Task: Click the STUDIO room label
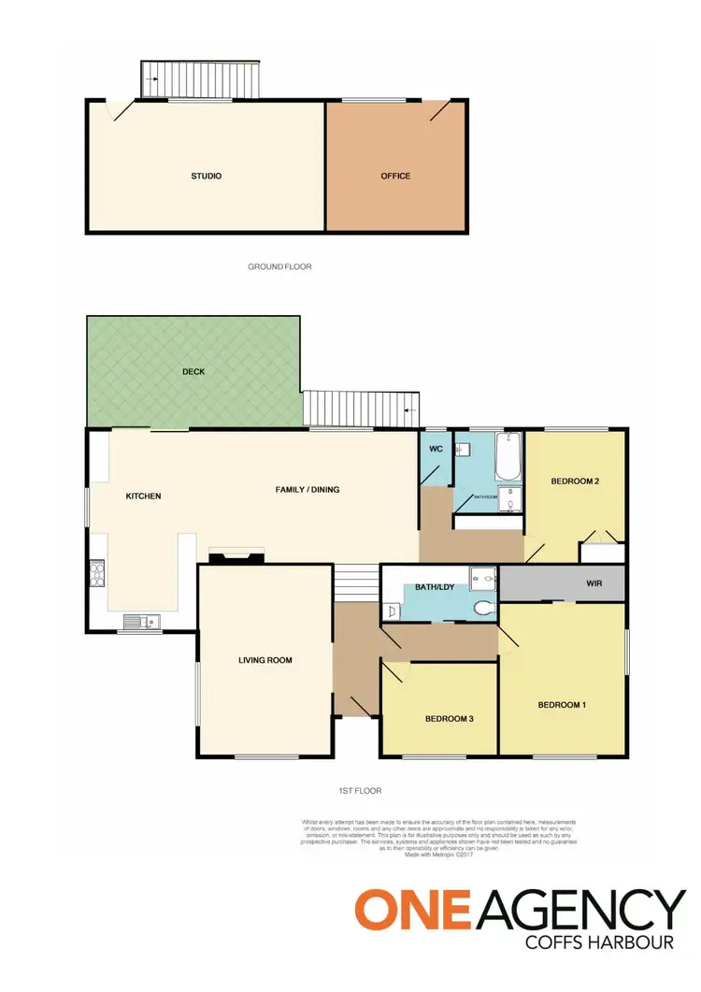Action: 206,176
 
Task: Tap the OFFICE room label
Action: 395,176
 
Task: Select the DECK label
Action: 193,371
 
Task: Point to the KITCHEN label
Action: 144,496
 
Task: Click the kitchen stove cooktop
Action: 97,572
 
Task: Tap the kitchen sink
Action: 141,619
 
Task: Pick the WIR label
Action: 594,582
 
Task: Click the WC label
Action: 435,449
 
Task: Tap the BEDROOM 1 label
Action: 562,704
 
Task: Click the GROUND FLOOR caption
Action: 279,266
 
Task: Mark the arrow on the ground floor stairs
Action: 151,79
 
